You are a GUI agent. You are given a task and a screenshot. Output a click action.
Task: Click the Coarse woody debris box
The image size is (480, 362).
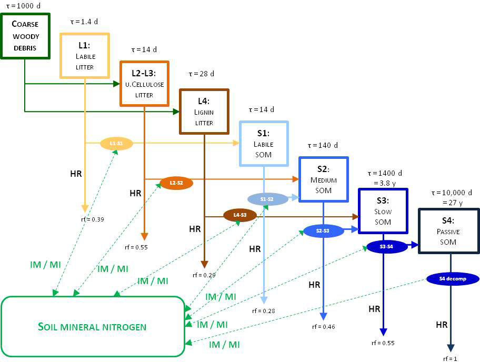(x=26, y=35)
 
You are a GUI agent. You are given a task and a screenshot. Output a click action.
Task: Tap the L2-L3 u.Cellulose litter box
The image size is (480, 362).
(x=144, y=83)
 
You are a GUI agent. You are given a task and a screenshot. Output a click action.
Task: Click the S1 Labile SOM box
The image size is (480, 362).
(x=264, y=144)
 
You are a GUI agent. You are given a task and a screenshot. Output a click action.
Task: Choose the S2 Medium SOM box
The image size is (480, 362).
(x=323, y=179)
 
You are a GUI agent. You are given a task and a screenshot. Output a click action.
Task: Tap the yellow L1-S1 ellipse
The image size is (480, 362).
(x=116, y=143)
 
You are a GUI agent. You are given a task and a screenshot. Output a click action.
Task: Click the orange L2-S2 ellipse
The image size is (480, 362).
(x=176, y=183)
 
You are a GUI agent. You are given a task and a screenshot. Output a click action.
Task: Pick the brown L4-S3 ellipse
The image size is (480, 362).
(x=239, y=215)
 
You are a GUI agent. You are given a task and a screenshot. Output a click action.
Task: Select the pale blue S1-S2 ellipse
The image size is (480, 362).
(x=267, y=199)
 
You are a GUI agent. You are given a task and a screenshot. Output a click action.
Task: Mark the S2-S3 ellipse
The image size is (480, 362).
(x=323, y=230)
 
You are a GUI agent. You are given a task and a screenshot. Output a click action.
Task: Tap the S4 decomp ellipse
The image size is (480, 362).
(x=453, y=278)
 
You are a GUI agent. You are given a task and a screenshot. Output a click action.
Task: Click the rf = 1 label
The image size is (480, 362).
(x=451, y=358)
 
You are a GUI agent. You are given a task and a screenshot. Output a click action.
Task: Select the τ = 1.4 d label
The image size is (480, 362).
(x=84, y=22)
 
